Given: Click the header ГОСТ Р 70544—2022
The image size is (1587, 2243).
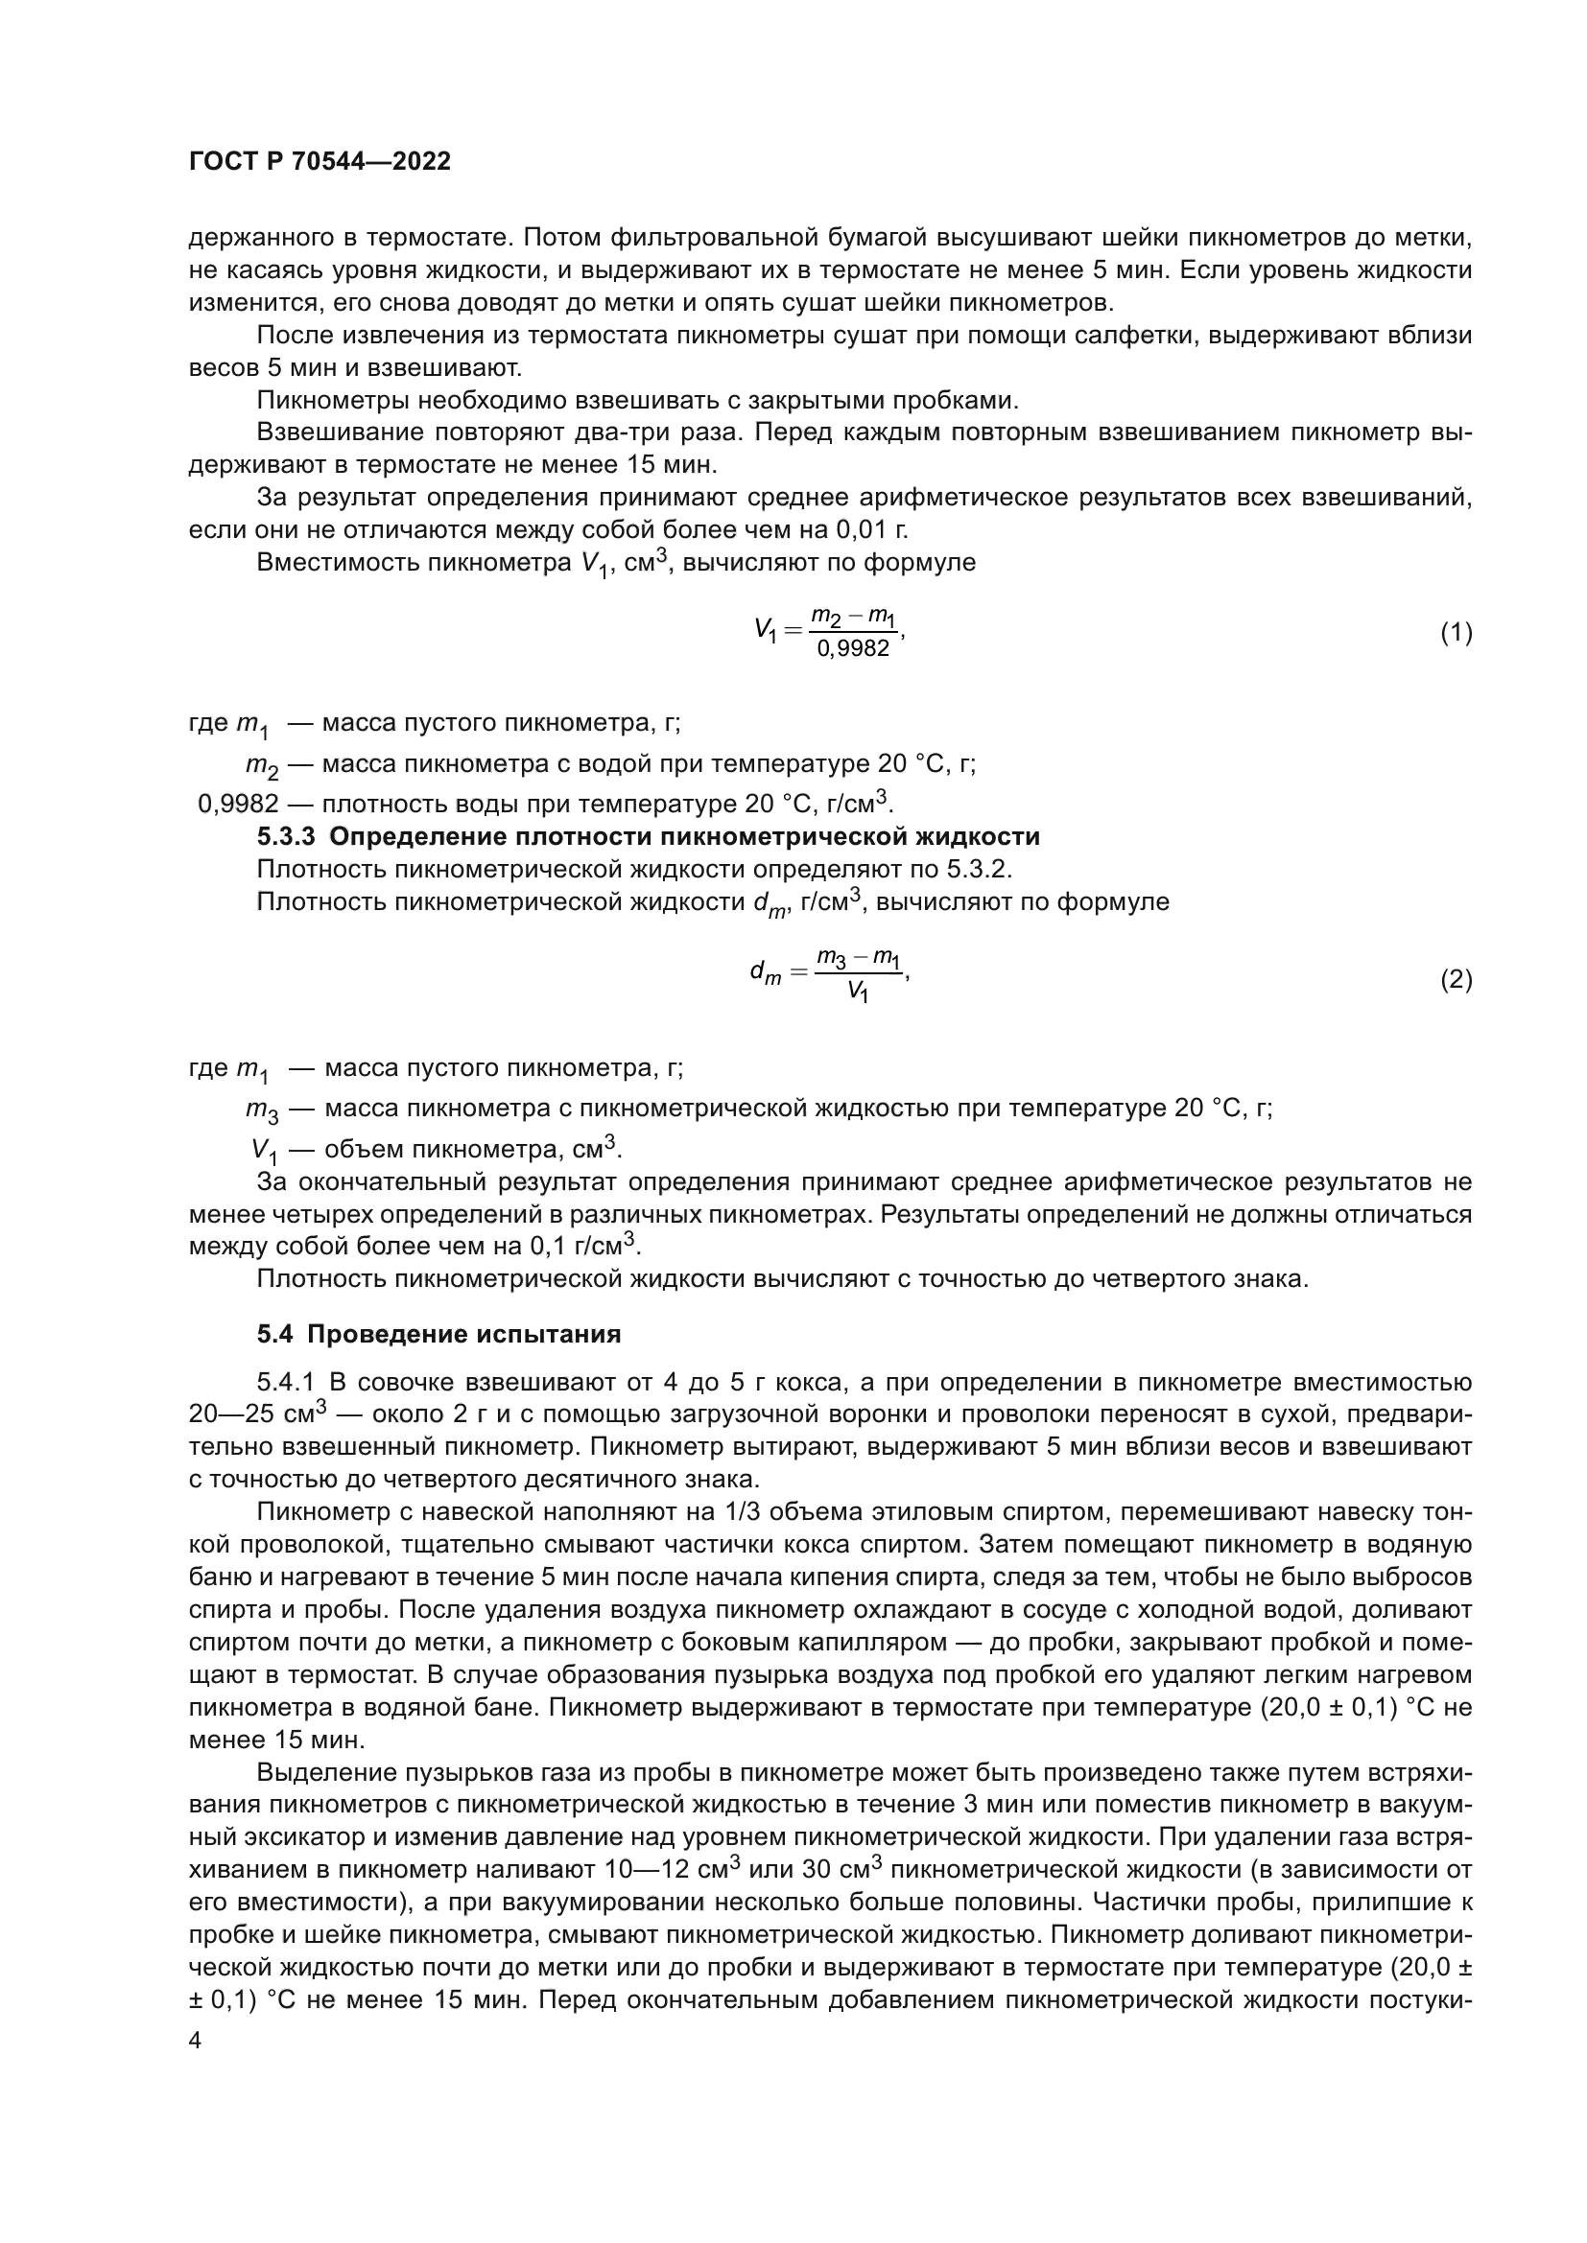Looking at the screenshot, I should (320, 162).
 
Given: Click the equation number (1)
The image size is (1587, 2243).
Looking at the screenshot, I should (1457, 633).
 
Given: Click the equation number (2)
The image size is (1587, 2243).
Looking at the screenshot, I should (1457, 980).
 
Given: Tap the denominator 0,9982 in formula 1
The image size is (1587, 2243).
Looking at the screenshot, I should (853, 648).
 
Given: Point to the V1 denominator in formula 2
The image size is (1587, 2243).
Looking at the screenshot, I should (857, 993).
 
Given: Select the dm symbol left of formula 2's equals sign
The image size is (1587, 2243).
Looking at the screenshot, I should (765, 973).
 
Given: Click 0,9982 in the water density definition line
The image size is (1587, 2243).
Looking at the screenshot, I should (239, 805).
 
